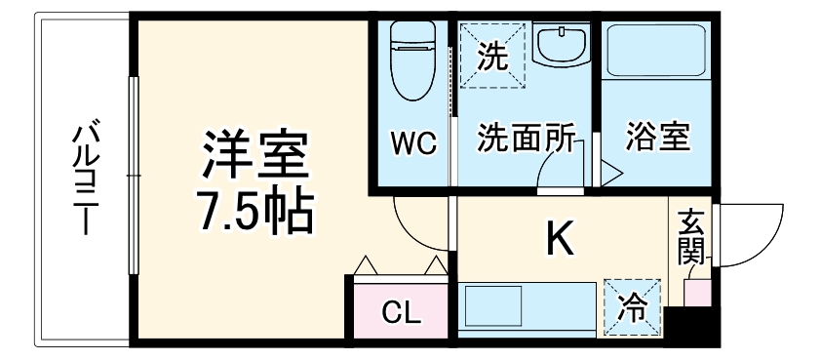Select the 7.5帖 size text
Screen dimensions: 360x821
click(256, 210)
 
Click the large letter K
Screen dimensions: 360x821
click(559, 238)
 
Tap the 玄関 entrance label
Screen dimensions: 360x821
click(691, 237)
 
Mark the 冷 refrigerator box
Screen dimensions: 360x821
click(632, 308)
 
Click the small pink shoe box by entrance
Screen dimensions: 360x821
click(696, 292)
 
